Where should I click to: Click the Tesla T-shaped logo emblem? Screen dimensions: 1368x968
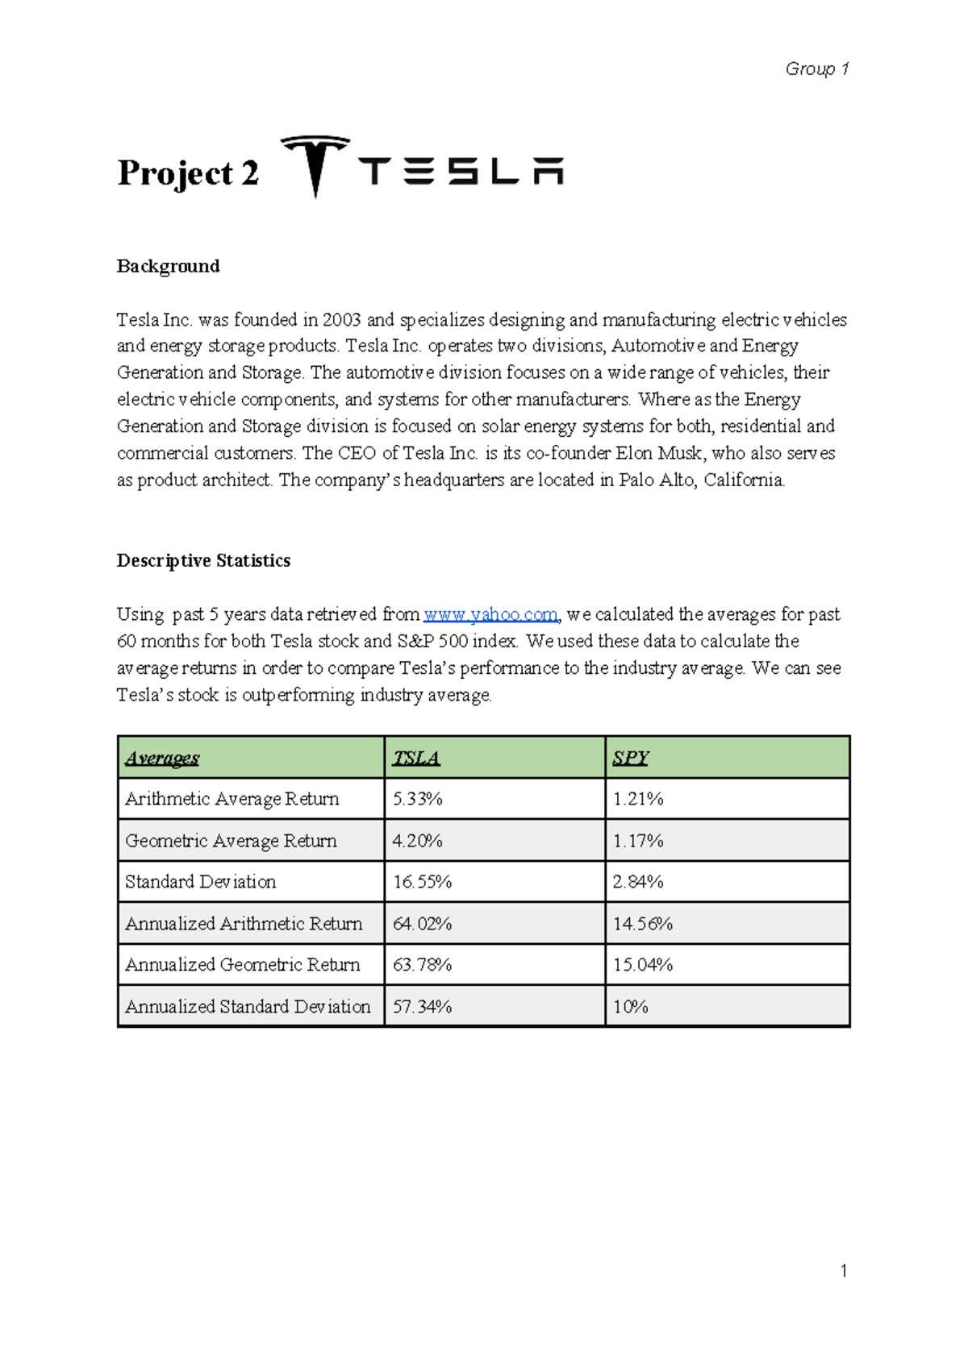tap(315, 165)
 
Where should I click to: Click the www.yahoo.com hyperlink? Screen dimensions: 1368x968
tap(490, 614)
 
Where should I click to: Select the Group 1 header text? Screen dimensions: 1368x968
tap(816, 69)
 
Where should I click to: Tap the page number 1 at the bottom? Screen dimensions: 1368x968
tap(843, 1271)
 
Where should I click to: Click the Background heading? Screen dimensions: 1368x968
tap(168, 266)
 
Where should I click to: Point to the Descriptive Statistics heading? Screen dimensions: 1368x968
tap(203, 560)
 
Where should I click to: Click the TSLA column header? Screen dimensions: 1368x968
tap(416, 758)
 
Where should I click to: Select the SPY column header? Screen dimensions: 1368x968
tap(630, 758)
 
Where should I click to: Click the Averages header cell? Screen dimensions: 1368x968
tap(162, 758)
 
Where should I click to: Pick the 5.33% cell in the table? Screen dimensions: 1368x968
tap(417, 799)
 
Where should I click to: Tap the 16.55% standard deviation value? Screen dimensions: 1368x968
tap(422, 882)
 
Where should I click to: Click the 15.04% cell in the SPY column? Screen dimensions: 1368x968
tap(642, 965)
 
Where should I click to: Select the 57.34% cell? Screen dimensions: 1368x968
tap(422, 1007)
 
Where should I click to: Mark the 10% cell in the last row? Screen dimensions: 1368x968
tap(630, 1007)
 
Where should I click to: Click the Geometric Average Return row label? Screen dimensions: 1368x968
tap(231, 841)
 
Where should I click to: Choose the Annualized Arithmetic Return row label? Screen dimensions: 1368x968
tap(244, 924)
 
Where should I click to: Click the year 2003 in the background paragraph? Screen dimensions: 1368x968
tap(341, 320)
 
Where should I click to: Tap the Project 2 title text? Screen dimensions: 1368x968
tap(188, 173)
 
